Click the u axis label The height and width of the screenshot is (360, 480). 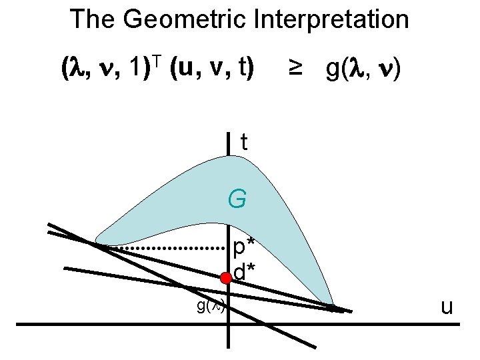tap(447, 307)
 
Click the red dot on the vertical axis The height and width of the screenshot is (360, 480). tap(227, 278)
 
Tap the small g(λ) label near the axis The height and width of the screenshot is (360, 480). tap(211, 307)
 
